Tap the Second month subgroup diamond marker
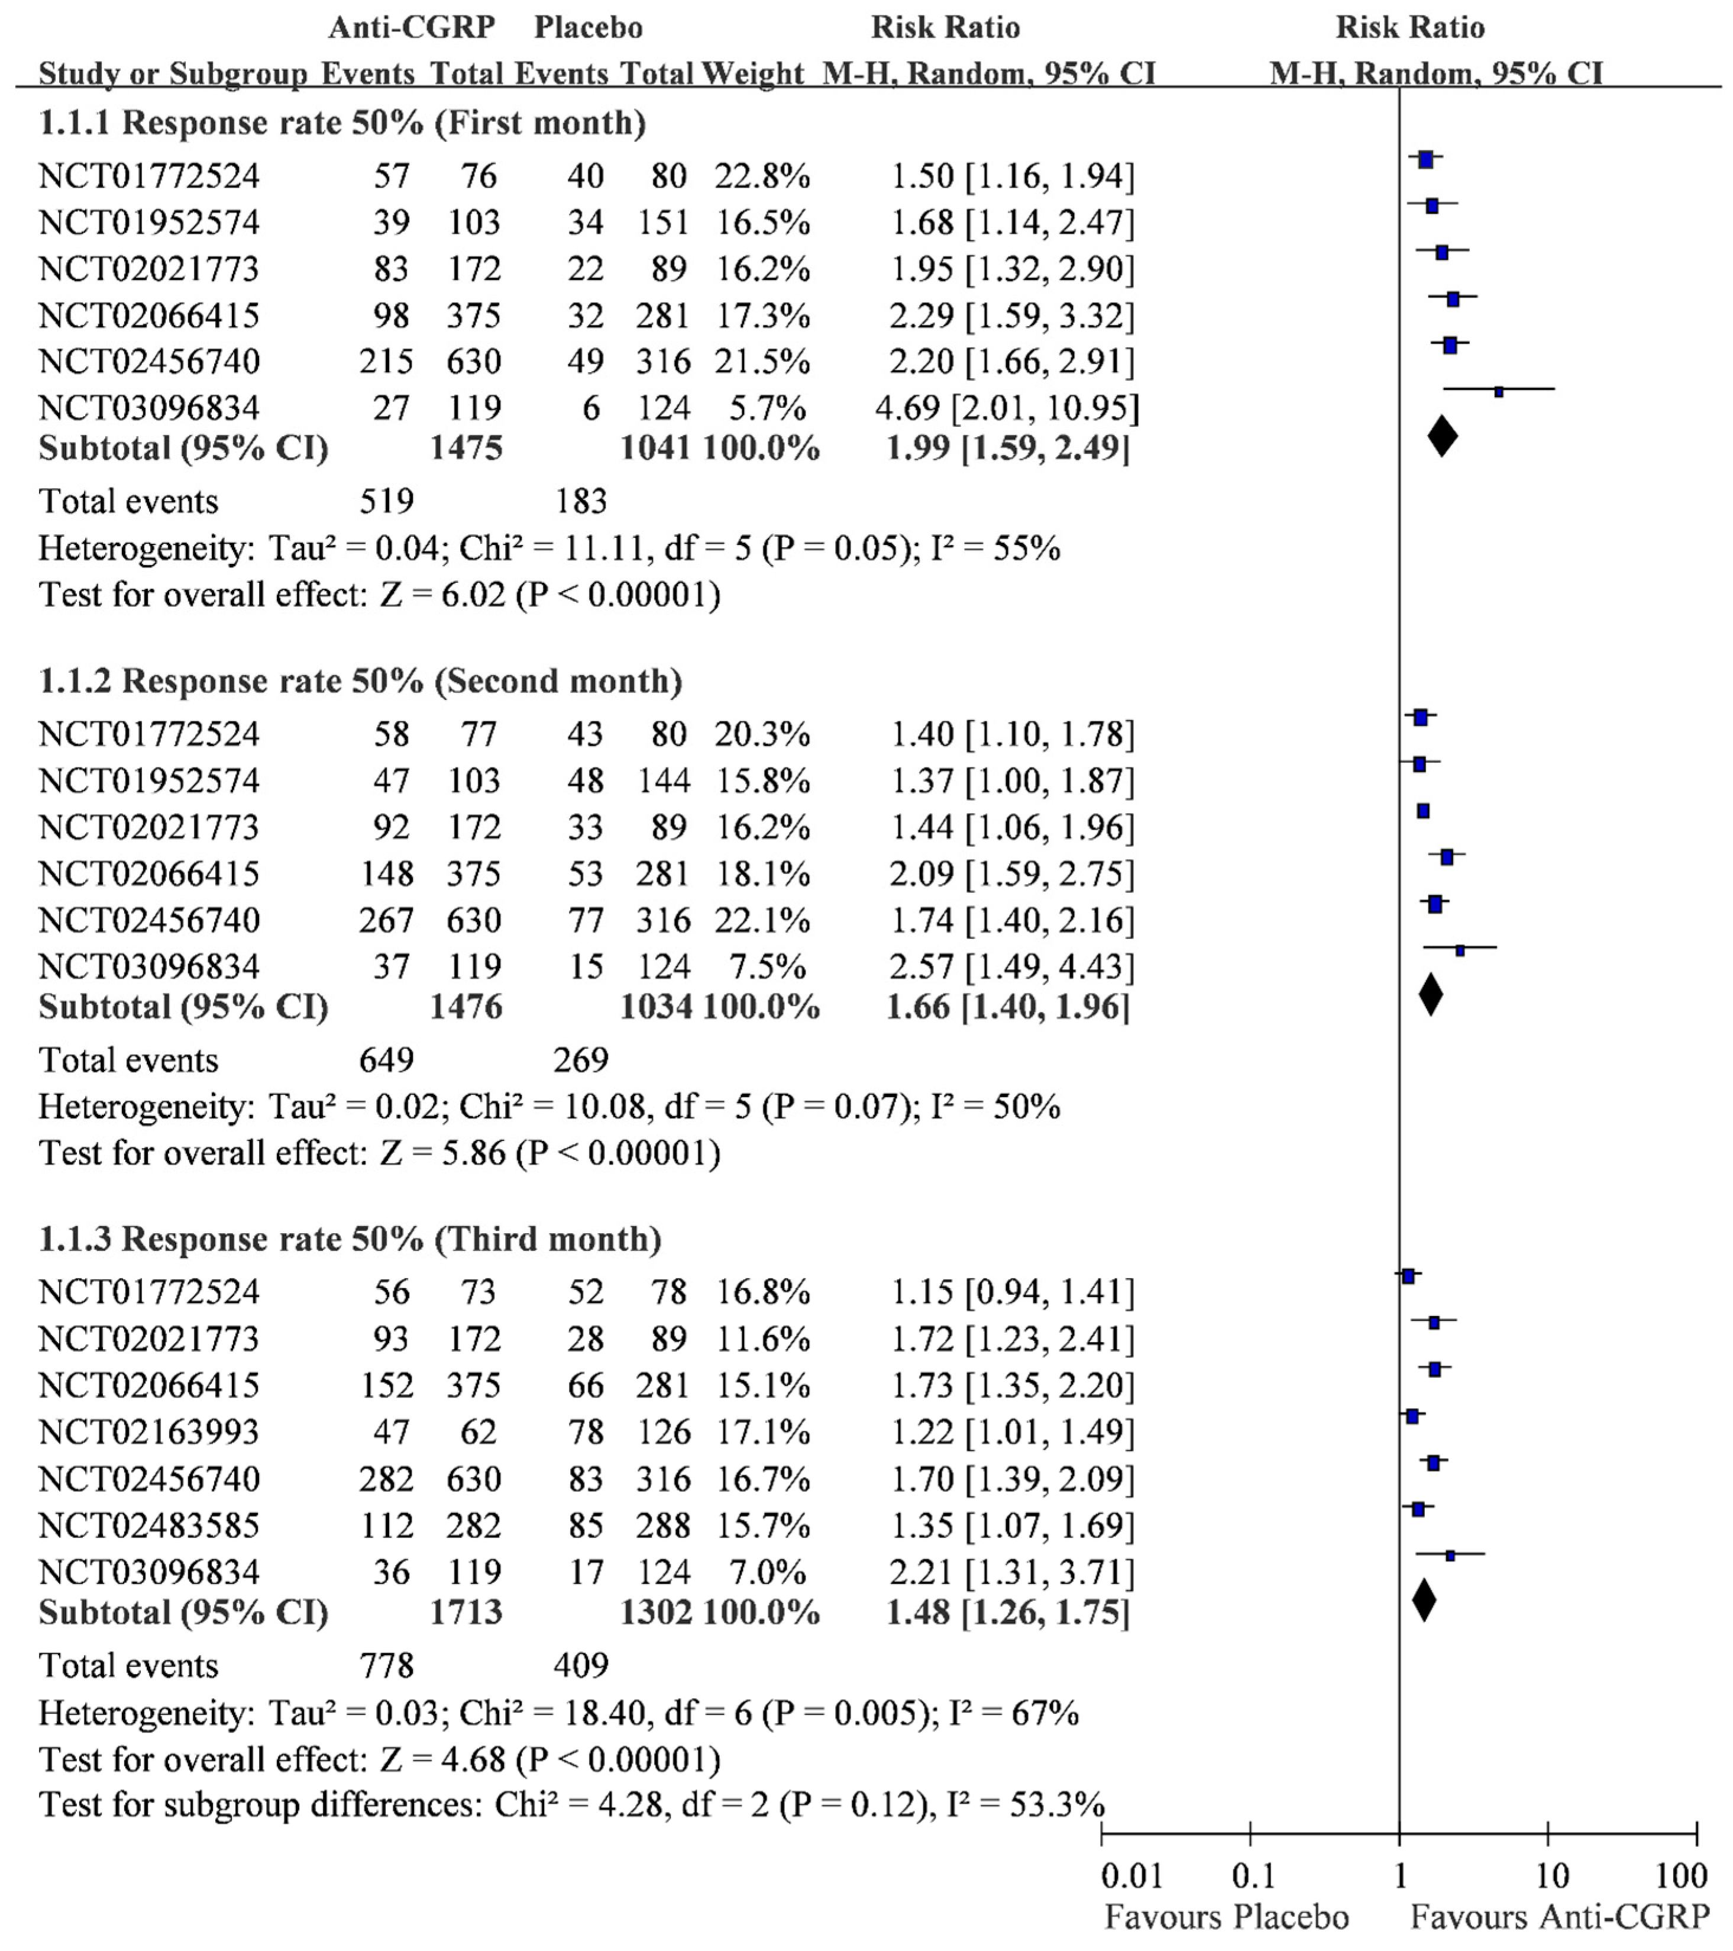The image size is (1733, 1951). click(x=1430, y=995)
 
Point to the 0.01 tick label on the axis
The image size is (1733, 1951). click(x=1132, y=1876)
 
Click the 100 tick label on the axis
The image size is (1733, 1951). click(x=1680, y=1876)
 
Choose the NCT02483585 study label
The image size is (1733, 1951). click(x=149, y=1526)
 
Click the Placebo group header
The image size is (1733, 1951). click(x=588, y=28)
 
